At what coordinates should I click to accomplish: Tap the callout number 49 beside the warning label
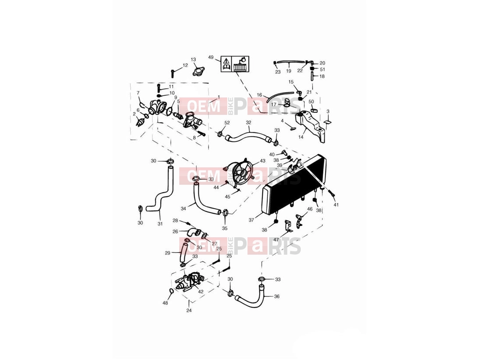211,57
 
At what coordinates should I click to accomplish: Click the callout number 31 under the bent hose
160,224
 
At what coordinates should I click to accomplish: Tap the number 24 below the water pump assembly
189,311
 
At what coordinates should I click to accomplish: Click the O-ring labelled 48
171,291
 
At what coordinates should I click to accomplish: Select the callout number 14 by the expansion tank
301,137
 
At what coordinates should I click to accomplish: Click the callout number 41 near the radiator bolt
336,204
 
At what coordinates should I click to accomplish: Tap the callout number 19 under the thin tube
289,71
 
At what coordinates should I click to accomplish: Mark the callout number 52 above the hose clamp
227,123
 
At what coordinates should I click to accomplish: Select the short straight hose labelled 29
184,251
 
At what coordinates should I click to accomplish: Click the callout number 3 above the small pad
328,112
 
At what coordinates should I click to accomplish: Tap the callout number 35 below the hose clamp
225,228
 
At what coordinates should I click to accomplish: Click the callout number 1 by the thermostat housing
219,97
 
